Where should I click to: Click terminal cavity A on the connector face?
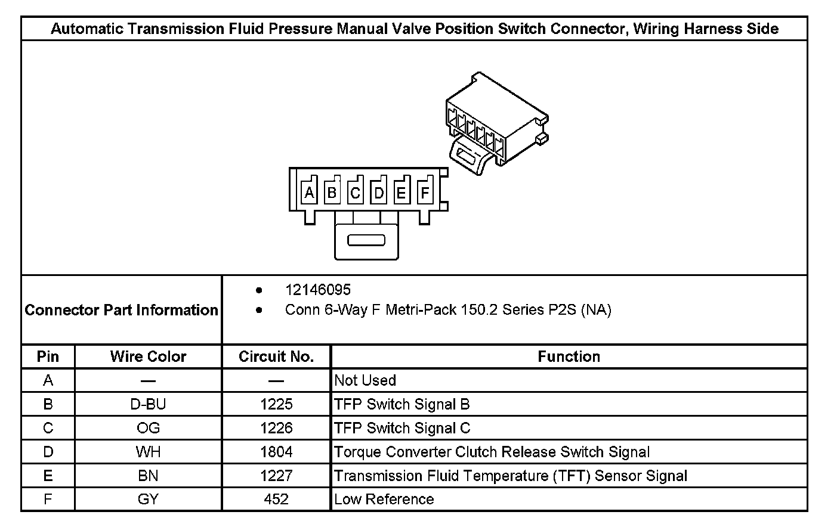309,193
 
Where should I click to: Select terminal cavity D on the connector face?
379,193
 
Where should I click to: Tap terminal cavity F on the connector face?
425,193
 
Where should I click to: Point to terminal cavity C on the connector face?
356,193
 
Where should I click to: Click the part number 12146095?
317,290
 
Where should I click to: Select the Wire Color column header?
148,356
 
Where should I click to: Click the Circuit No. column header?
276,356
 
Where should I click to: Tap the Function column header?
569,356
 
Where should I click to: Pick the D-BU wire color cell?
148,404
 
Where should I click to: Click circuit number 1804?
276,452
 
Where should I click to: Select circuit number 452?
276,499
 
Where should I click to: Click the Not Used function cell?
365,380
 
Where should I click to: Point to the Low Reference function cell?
384,499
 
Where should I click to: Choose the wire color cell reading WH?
148,452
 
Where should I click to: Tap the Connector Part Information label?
122,310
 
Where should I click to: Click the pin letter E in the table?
48,476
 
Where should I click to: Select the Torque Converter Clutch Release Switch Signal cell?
492,452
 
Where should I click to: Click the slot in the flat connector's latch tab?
366,241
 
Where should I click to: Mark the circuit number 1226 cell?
276,428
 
